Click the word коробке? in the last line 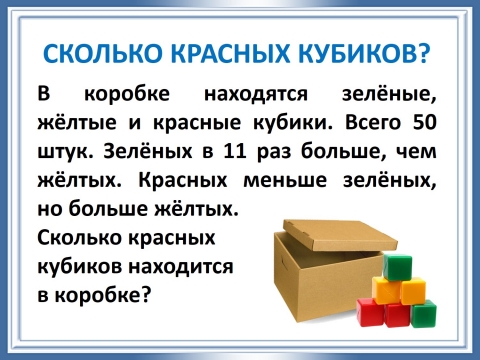click(112, 295)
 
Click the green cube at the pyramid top click(398, 269)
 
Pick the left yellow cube click(385, 292)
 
